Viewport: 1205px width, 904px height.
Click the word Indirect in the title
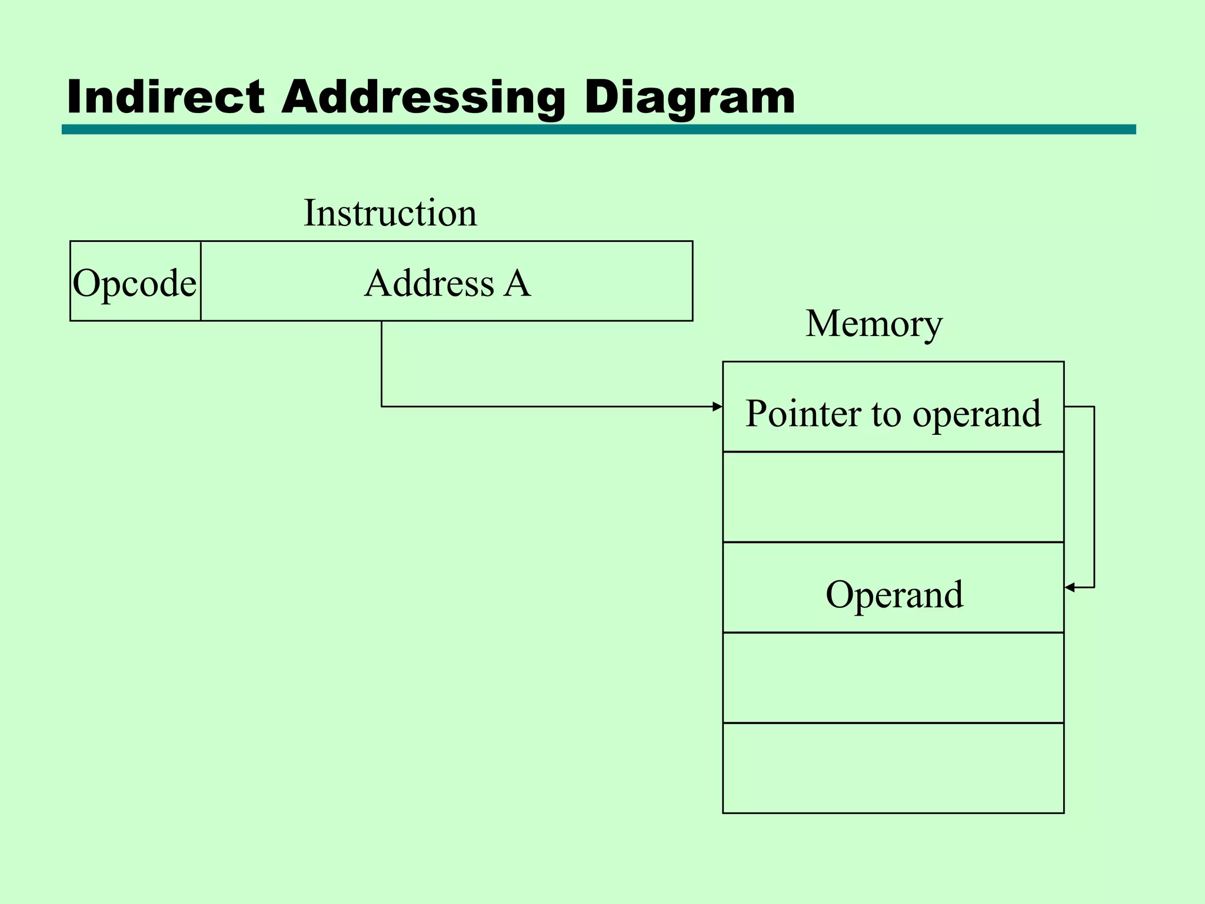(165, 97)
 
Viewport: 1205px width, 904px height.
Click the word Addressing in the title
(423, 97)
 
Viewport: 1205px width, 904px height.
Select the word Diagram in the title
(689, 97)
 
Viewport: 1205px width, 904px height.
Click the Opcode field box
(135, 281)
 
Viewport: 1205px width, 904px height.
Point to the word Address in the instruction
(429, 283)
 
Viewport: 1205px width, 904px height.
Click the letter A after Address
(517, 283)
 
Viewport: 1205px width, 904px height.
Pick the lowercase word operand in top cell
(977, 413)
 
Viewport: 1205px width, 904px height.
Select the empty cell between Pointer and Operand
(893, 497)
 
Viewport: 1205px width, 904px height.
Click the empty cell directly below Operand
(893, 678)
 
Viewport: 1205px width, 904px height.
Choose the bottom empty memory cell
(893, 768)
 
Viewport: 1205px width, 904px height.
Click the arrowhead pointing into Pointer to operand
(717, 407)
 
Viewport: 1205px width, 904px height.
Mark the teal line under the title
(598, 129)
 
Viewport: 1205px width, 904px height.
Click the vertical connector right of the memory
(1094, 497)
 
